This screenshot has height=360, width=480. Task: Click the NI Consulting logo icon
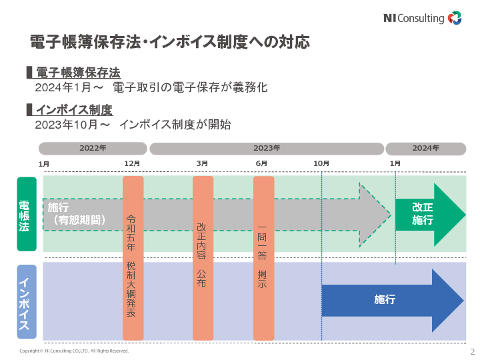click(x=455, y=18)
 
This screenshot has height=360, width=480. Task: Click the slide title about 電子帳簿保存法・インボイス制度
click(x=170, y=42)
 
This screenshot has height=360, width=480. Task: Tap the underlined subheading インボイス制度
click(x=74, y=109)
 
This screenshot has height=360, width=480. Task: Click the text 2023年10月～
click(x=73, y=125)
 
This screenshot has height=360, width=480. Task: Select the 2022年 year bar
click(x=93, y=148)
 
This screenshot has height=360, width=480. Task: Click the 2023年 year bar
click(x=267, y=148)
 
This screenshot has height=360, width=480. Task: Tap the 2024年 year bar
click(x=425, y=148)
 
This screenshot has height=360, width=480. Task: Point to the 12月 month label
click(x=132, y=163)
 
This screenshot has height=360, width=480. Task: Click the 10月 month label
click(x=321, y=163)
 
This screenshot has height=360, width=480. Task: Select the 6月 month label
click(x=261, y=163)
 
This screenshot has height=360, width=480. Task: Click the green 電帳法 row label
click(x=27, y=213)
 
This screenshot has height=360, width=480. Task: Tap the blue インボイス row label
click(x=27, y=302)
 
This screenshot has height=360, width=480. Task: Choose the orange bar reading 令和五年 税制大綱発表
click(x=133, y=258)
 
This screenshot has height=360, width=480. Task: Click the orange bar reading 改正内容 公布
click(x=203, y=258)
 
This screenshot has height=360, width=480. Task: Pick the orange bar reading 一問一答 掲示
click(x=263, y=258)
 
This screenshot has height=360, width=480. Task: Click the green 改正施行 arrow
click(x=427, y=214)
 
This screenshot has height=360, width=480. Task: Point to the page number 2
click(x=472, y=351)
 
